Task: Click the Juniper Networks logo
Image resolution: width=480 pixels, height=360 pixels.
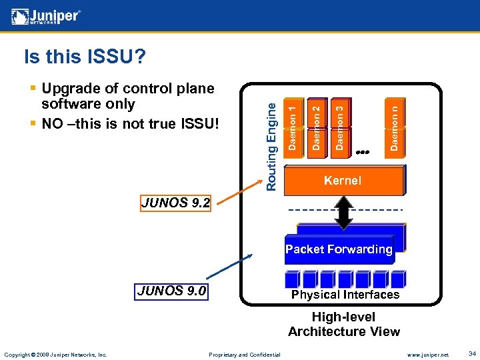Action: coord(45,15)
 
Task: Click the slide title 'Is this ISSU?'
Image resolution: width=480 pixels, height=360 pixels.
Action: coord(85,58)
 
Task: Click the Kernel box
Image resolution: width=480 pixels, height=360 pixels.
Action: coord(344,180)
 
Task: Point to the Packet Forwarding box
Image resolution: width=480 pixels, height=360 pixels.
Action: coord(339,249)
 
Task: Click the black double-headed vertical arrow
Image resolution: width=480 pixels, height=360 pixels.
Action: coord(344,213)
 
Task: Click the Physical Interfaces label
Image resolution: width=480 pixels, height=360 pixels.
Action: coord(345,295)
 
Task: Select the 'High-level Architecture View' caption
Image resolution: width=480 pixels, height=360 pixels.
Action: coord(344,324)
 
